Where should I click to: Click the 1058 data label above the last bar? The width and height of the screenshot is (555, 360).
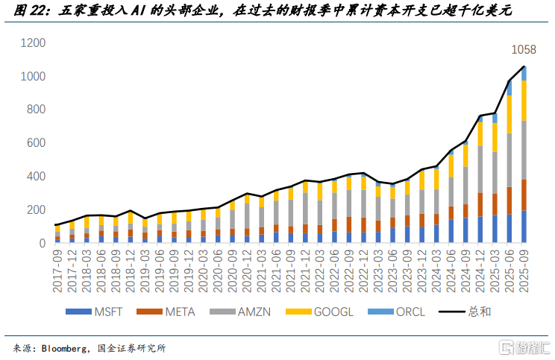[523, 51]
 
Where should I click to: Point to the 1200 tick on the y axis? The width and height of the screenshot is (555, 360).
[33, 43]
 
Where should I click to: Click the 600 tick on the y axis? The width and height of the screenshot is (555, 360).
[36, 143]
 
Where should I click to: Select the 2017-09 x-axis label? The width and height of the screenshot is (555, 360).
[57, 268]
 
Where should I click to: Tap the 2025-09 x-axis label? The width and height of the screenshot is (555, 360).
[524, 268]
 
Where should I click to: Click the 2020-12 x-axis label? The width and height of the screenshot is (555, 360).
[247, 268]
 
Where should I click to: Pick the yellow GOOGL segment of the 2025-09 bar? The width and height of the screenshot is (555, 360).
[524, 100]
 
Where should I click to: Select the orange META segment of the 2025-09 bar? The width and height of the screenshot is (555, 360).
[524, 195]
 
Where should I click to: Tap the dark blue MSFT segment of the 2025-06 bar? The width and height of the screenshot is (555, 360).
[509, 228]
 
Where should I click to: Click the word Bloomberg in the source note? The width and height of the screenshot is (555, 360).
[68, 348]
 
